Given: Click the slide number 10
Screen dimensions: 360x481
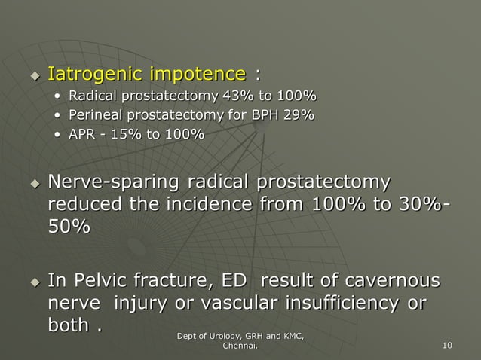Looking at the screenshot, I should tap(448, 346).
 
